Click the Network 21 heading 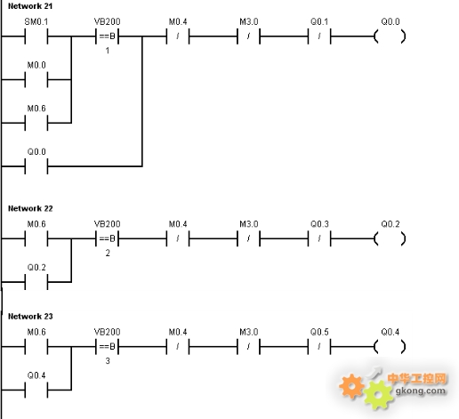(30, 6)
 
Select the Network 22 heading (30, 208)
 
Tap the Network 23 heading (30, 317)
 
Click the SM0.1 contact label (36, 21)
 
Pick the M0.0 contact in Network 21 (36, 79)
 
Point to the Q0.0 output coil (390, 36)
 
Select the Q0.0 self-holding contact (36, 166)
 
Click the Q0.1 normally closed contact (319, 36)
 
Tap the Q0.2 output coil (390, 238)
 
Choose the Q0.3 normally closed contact (319, 238)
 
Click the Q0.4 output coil (390, 346)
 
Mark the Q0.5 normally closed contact (319, 346)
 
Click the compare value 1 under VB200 (108, 51)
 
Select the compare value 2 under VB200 (108, 253)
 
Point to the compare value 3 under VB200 (108, 361)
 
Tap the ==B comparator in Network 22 (107, 238)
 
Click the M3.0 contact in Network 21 (248, 36)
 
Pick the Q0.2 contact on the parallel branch (36, 282)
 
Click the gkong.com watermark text (421, 391)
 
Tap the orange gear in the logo (351, 386)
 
